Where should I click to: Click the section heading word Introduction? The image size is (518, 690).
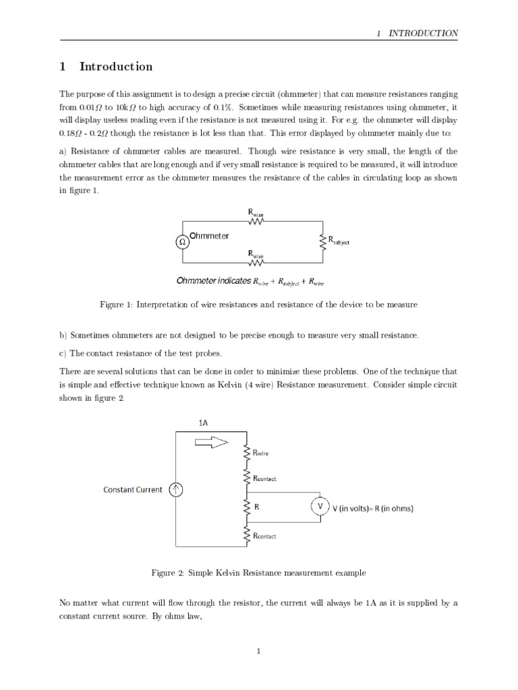[x=115, y=67]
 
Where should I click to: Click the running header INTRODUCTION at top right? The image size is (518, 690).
[x=423, y=33]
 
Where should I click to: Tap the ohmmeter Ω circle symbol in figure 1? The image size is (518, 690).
[x=182, y=241]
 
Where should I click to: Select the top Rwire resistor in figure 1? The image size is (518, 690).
[x=256, y=220]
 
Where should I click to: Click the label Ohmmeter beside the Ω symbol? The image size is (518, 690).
[x=209, y=236]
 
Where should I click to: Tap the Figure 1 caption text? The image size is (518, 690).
[x=258, y=305]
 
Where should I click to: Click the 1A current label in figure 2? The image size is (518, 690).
[x=204, y=422]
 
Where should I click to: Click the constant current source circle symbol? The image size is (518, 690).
[x=175, y=490]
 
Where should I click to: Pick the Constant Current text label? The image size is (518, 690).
[x=132, y=490]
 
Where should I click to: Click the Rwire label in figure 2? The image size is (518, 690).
[x=264, y=455]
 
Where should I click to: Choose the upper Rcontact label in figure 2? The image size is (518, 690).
[x=264, y=478]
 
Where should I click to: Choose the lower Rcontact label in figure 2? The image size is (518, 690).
[x=264, y=536]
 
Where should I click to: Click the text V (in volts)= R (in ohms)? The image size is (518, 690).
[x=374, y=508]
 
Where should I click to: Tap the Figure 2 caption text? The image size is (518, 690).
[x=258, y=573]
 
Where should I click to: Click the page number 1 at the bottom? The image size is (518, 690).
[x=258, y=651]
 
